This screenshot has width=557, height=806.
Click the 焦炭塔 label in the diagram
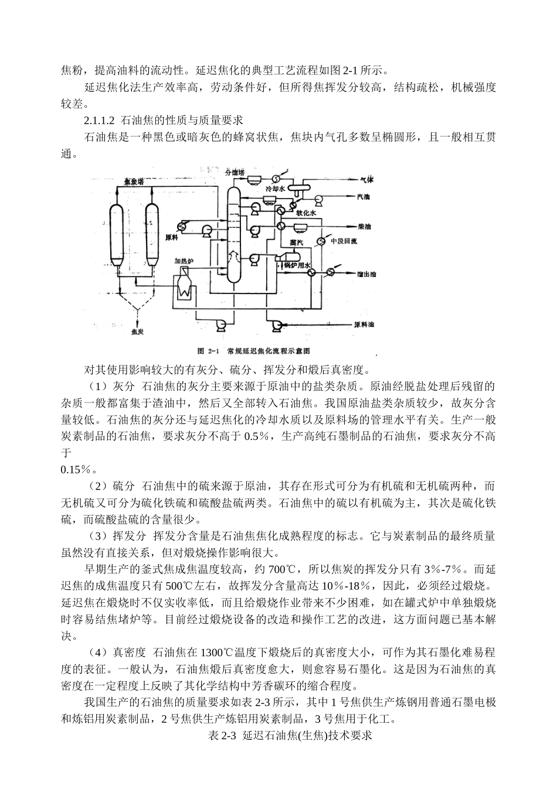click(x=135, y=182)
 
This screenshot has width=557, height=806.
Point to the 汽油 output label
click(x=364, y=197)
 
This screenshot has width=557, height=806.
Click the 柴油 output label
click(x=364, y=226)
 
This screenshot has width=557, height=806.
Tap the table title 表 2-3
click(x=218, y=736)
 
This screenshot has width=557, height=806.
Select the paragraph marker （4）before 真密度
click(x=97, y=652)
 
